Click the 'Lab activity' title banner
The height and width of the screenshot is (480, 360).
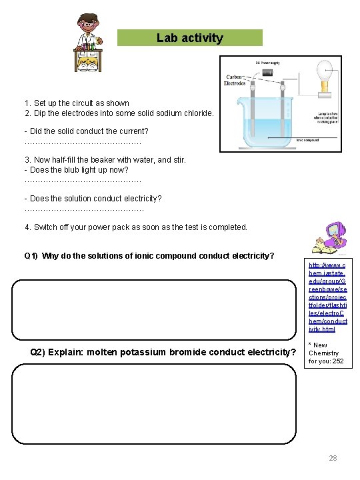click(190, 38)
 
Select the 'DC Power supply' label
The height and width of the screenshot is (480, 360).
click(267, 62)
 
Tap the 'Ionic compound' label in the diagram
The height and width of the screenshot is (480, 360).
click(307, 140)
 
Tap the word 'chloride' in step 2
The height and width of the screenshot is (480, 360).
click(198, 113)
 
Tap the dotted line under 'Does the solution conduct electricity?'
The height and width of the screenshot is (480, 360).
click(83, 209)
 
